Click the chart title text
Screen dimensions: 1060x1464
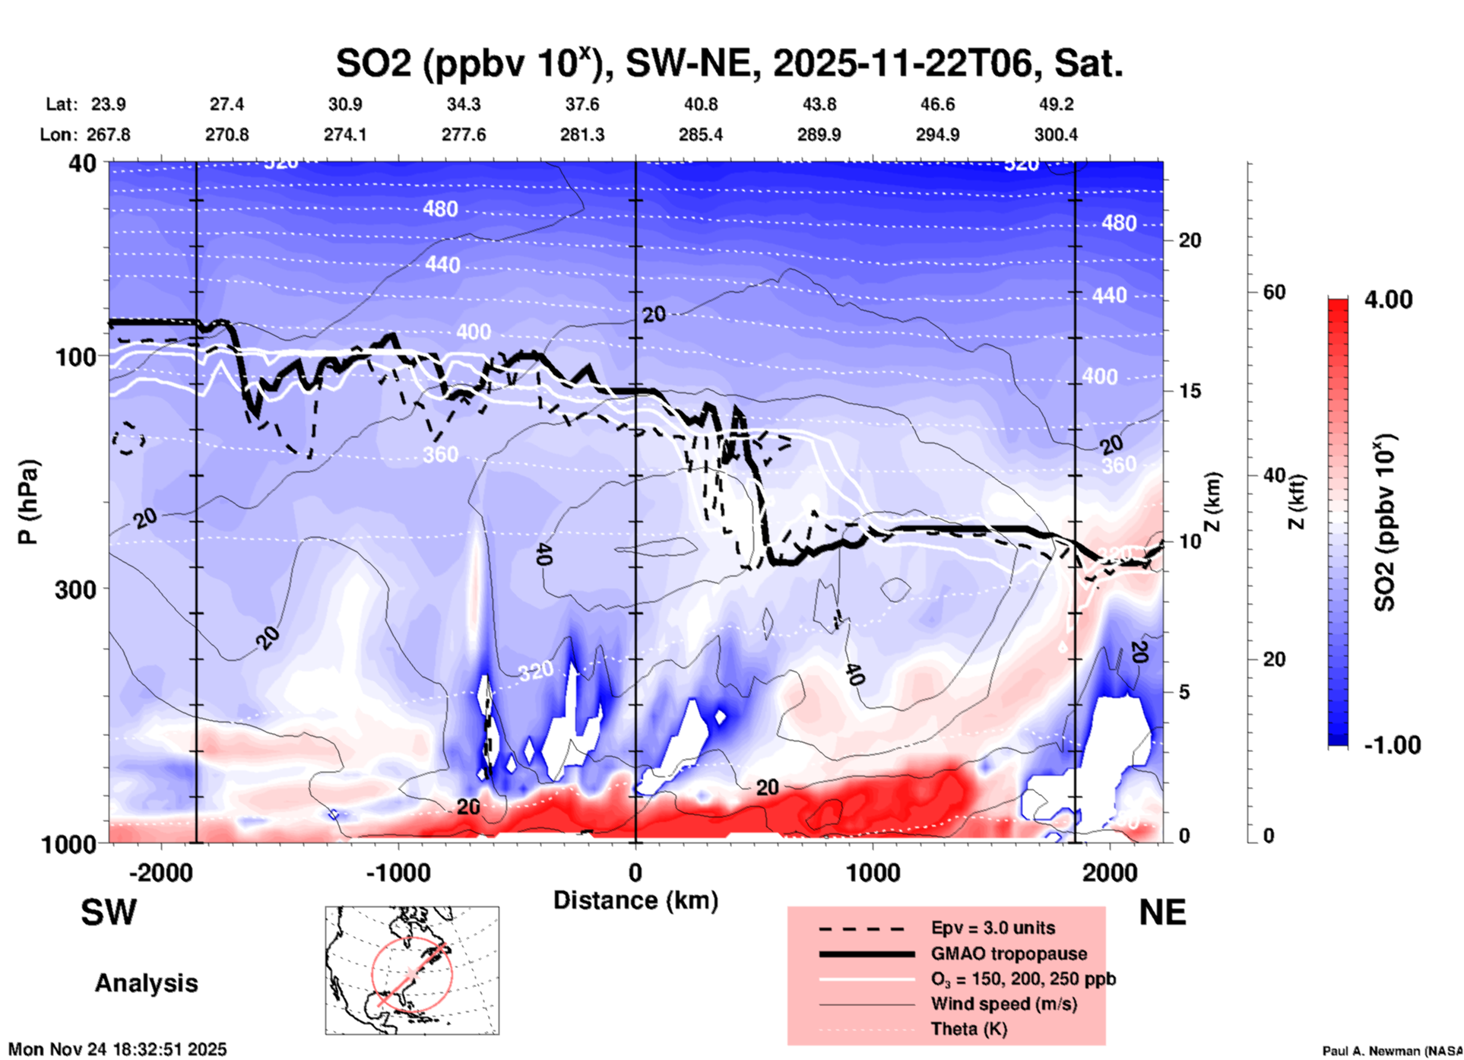[x=730, y=64]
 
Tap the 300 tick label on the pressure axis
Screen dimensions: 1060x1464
[x=75, y=589]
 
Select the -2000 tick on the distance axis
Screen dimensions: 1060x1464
[x=160, y=872]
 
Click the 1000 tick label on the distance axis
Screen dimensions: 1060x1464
[x=873, y=872]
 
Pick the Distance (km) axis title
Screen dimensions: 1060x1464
[x=635, y=900]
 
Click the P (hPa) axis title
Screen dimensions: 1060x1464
[x=28, y=502]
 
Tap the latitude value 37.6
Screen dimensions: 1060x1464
[x=582, y=104]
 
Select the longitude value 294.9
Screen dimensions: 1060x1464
[x=937, y=135]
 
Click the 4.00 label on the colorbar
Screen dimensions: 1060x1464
[x=1388, y=300]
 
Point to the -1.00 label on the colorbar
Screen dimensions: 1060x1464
[x=1392, y=745]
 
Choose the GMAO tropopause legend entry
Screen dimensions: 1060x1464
[x=1009, y=954]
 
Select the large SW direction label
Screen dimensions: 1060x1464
[x=109, y=912]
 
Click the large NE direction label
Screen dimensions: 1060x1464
[x=1162, y=912]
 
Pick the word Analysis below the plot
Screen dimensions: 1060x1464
[x=146, y=983]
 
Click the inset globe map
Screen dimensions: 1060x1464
[x=412, y=970]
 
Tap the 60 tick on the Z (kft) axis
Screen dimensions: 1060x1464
[x=1274, y=292]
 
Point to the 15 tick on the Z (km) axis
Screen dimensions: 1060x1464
[x=1190, y=391]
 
